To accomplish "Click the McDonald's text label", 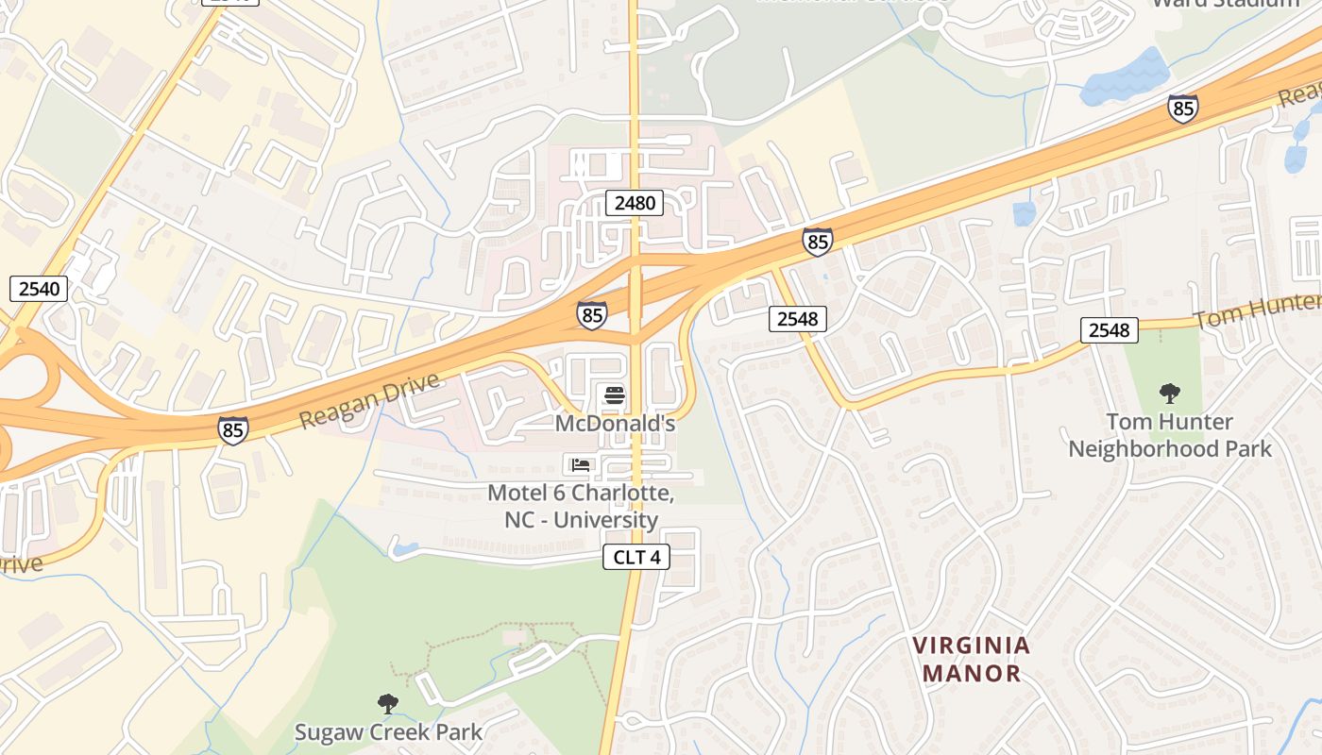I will click(615, 424).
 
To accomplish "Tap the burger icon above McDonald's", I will click(615, 394).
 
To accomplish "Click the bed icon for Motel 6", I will click(581, 464).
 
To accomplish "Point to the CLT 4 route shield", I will click(636, 557).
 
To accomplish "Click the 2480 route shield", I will click(634, 202).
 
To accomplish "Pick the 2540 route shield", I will click(39, 289).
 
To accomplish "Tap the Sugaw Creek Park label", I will click(388, 731).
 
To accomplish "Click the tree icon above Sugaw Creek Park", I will click(387, 703).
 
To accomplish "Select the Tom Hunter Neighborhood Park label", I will click(1170, 435).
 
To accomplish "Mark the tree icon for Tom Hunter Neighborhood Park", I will click(1170, 393).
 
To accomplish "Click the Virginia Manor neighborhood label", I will click(972, 660).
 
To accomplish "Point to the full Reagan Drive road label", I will click(370, 401).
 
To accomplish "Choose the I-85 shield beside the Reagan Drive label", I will click(232, 430).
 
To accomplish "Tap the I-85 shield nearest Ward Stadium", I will click(1182, 109).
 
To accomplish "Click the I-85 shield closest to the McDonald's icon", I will click(592, 315).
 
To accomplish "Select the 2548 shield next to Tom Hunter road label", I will click(1109, 329).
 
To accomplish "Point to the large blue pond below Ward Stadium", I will click(1126, 77).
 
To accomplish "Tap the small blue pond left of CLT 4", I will click(405, 547).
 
